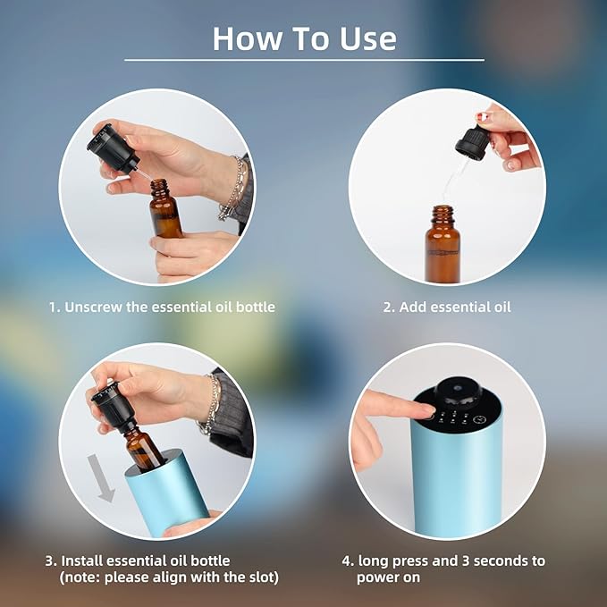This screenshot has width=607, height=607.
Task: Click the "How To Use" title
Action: coord(304,38)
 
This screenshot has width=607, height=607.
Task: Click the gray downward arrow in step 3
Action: coord(106,477)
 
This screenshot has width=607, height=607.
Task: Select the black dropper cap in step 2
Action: coord(471,144)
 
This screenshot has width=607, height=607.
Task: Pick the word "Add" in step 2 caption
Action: coord(414,307)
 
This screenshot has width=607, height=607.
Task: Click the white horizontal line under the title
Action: coord(304,60)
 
